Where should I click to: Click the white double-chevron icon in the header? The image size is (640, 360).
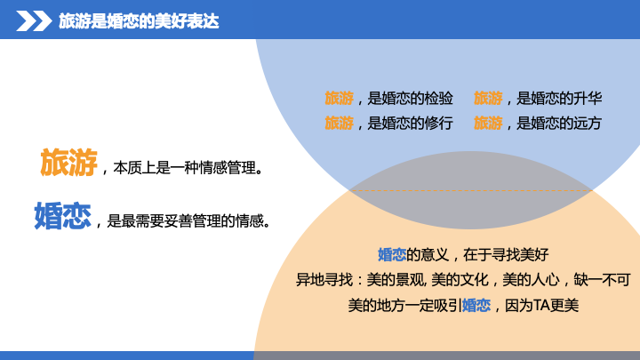34,21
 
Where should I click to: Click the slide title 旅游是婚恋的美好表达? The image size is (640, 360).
139,21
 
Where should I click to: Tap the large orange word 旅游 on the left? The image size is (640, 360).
68,162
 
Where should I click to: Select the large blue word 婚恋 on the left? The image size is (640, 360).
62,215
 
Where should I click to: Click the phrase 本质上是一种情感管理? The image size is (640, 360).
185,167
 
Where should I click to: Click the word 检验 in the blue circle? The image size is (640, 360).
439,99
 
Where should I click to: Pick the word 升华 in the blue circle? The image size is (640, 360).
588,99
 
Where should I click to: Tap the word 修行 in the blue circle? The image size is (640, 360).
439,123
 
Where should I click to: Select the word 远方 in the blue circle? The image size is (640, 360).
588,123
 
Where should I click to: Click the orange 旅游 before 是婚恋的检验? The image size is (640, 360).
340,99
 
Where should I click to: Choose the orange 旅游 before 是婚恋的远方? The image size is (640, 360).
488,123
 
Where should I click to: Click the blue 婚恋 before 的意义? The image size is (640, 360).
392,255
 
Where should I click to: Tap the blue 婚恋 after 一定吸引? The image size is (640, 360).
476,305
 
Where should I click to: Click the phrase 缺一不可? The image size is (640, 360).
602,280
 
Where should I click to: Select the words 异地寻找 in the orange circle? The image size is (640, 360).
324,280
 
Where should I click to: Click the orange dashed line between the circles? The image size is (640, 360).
470,190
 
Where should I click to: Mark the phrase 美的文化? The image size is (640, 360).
460,280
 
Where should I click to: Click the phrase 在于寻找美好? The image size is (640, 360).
506,255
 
